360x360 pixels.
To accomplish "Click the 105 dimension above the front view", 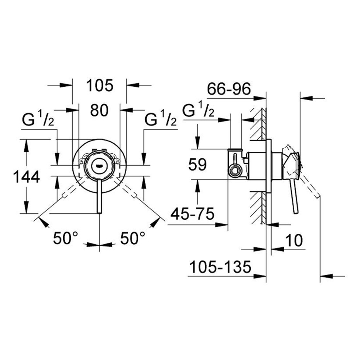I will click(99, 86).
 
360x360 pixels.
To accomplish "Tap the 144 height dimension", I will click(27, 177).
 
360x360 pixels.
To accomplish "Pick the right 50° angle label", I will click(133, 238).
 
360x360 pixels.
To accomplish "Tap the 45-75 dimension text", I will click(192, 214).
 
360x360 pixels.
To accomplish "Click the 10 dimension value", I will click(293, 240).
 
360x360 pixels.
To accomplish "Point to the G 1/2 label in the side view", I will click(198, 110).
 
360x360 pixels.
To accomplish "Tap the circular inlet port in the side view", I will click(233, 170).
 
